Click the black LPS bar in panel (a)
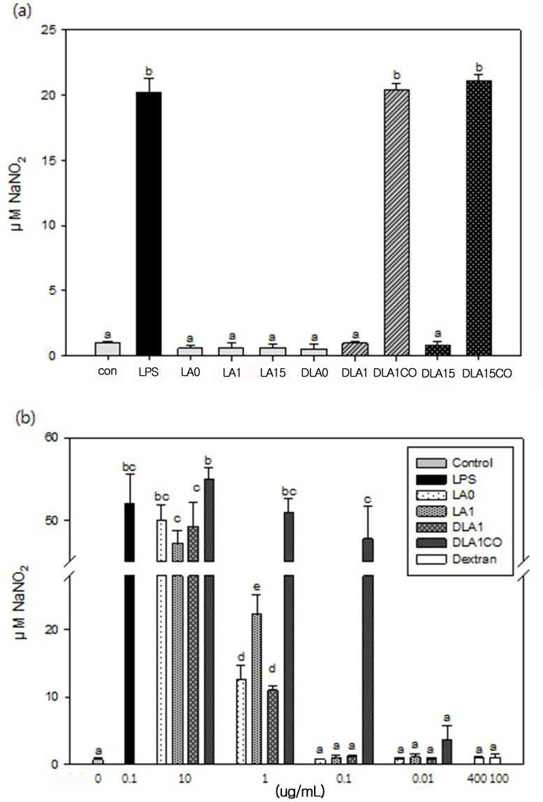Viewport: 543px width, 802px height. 149,224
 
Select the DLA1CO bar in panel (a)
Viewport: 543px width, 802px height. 396,222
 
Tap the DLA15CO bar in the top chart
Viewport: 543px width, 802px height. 479,218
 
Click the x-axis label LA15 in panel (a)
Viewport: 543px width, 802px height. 272,373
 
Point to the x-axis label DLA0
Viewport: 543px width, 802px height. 314,373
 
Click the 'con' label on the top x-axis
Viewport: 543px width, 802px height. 107,371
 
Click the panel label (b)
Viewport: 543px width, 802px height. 26,418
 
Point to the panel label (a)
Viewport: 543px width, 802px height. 22,10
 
